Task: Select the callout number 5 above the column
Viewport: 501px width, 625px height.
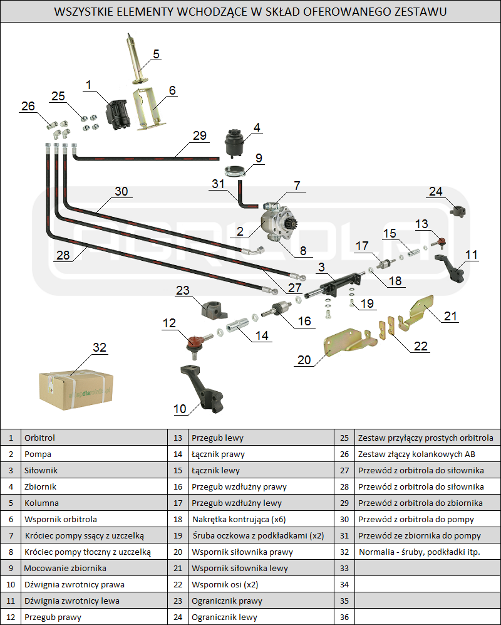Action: pyautogui.click(x=156, y=54)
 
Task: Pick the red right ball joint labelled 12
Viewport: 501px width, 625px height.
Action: pyautogui.click(x=195, y=342)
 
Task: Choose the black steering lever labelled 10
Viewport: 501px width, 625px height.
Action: pyautogui.click(x=204, y=391)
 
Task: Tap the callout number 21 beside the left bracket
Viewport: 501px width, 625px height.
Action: pyautogui.click(x=451, y=316)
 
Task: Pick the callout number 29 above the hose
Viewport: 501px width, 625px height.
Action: pyautogui.click(x=200, y=135)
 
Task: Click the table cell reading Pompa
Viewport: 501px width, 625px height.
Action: pyautogui.click(x=38, y=454)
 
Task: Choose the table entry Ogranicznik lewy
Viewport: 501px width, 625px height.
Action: pyautogui.click(x=224, y=617)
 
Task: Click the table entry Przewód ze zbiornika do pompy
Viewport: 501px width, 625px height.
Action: pyautogui.click(x=420, y=535)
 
